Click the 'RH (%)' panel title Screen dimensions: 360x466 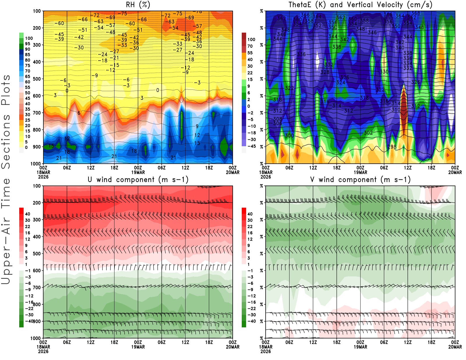[x=138, y=5]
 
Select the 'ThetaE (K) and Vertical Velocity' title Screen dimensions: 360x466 [x=360, y=5]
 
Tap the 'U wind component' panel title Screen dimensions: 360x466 [x=138, y=180]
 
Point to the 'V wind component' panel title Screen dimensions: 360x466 [x=360, y=180]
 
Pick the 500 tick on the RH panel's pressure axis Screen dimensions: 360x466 [x=37, y=79]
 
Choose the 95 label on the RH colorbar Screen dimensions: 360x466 [x=28, y=44]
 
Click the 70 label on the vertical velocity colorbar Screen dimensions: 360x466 [x=250, y=46]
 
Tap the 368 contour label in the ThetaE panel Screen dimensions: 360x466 [x=416, y=13]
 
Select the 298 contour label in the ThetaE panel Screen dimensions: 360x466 [x=392, y=147]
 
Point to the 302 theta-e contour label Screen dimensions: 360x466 [x=368, y=133]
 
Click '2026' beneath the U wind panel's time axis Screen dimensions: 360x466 [x=43, y=352]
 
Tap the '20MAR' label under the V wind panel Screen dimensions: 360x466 [x=455, y=347]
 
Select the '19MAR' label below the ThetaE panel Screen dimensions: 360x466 [x=360, y=172]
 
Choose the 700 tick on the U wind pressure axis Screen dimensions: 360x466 [x=37, y=287]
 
